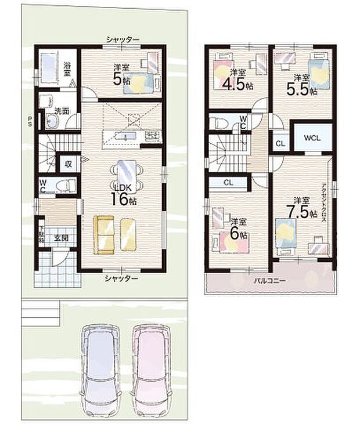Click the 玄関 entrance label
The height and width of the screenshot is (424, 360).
pos(61,237)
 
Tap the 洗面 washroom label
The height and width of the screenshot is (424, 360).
pos(62,110)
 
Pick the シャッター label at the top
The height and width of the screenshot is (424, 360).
pos(123,39)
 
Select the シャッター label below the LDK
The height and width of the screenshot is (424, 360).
pos(121,278)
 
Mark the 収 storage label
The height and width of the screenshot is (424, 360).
pos(68,164)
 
